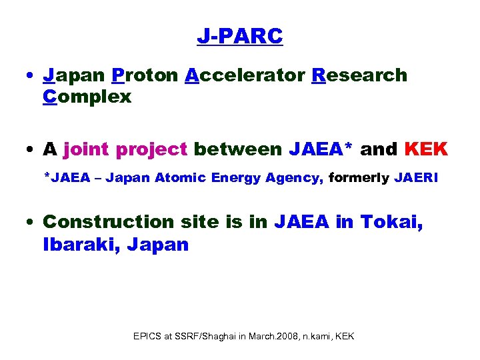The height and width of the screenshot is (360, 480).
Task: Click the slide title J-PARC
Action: (x=240, y=36)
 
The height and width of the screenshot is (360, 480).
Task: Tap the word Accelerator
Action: (x=245, y=75)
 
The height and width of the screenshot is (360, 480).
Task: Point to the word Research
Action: (x=359, y=75)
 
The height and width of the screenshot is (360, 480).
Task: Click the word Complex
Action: (x=87, y=97)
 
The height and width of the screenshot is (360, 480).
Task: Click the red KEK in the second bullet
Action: (x=426, y=149)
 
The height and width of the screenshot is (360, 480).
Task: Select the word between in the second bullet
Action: (x=239, y=149)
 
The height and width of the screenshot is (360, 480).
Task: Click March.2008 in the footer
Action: (x=274, y=336)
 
